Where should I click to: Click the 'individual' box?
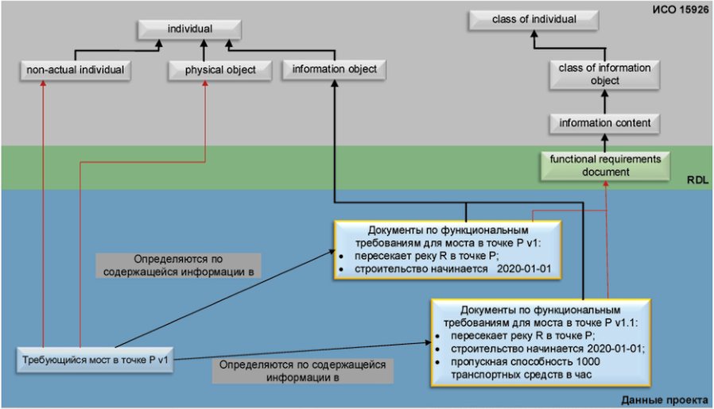click(189, 29)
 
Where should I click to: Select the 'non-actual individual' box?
click(76, 70)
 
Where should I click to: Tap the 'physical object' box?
click(220, 70)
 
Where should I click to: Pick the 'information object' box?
click(334, 69)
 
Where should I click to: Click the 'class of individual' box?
click(534, 20)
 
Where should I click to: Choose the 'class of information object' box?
click(605, 74)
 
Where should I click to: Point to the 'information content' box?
click(605, 123)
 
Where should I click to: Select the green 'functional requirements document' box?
click(605, 166)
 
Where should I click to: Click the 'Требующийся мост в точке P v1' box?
click(95, 361)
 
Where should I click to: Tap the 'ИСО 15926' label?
click(681, 10)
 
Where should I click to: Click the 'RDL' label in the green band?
click(697, 180)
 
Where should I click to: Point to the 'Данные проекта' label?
click(665, 400)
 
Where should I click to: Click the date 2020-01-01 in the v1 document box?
click(524, 268)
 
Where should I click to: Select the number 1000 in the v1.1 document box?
click(588, 361)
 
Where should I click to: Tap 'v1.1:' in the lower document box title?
click(626, 322)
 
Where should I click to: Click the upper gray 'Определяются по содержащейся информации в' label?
click(178, 266)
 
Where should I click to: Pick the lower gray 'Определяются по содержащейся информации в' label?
click(302, 371)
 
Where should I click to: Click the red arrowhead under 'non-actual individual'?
click(43, 83)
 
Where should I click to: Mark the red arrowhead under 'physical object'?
click(205, 83)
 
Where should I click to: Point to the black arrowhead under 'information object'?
click(335, 83)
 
